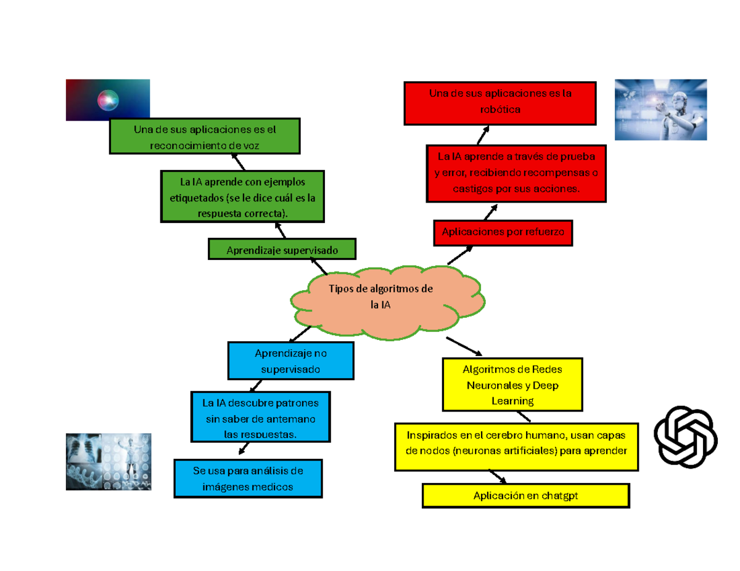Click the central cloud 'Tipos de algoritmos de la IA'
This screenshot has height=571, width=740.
click(387, 302)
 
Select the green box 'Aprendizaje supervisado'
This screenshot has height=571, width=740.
click(282, 249)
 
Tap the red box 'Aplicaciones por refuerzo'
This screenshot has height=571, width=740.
click(503, 233)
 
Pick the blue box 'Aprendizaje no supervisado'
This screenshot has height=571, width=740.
click(290, 360)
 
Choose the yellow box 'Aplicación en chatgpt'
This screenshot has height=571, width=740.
click(525, 495)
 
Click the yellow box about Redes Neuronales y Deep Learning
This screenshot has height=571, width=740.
click(512, 384)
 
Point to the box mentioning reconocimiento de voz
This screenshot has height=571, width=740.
click(204, 136)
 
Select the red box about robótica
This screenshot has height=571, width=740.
click(499, 103)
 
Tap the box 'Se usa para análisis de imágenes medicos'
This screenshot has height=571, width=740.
click(247, 479)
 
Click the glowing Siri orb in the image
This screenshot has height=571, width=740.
click(108, 100)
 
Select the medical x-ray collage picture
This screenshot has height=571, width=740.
click(109, 461)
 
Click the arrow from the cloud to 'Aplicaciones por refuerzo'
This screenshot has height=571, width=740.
click(460, 255)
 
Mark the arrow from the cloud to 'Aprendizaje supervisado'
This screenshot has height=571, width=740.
click(318, 266)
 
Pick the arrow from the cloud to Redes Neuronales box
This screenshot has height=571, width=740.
click(464, 346)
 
